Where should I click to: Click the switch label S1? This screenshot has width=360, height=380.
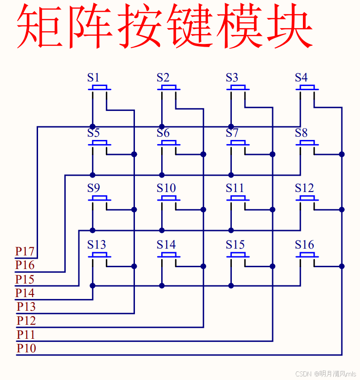[93, 77]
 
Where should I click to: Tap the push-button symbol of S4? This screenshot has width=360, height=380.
[307, 88]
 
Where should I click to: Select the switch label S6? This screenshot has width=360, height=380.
[163, 133]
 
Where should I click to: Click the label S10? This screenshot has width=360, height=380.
[166, 188]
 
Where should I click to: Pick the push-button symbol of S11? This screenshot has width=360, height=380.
[238, 199]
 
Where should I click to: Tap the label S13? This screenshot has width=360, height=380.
[97, 245]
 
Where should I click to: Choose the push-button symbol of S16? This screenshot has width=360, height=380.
[307, 255]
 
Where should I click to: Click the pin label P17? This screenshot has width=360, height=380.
[25, 251]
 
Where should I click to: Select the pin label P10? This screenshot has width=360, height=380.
[26, 348]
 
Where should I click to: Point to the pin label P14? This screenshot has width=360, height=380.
[25, 293]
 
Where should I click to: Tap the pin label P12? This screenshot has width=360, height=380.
[26, 321]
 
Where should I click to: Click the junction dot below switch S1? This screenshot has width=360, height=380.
[93, 126]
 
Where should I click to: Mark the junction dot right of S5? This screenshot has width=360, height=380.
[134, 154]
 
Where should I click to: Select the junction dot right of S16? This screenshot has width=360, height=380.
[342, 266]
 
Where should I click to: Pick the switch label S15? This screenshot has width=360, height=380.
[235, 245]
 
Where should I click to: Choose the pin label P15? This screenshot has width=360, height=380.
[25, 279]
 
